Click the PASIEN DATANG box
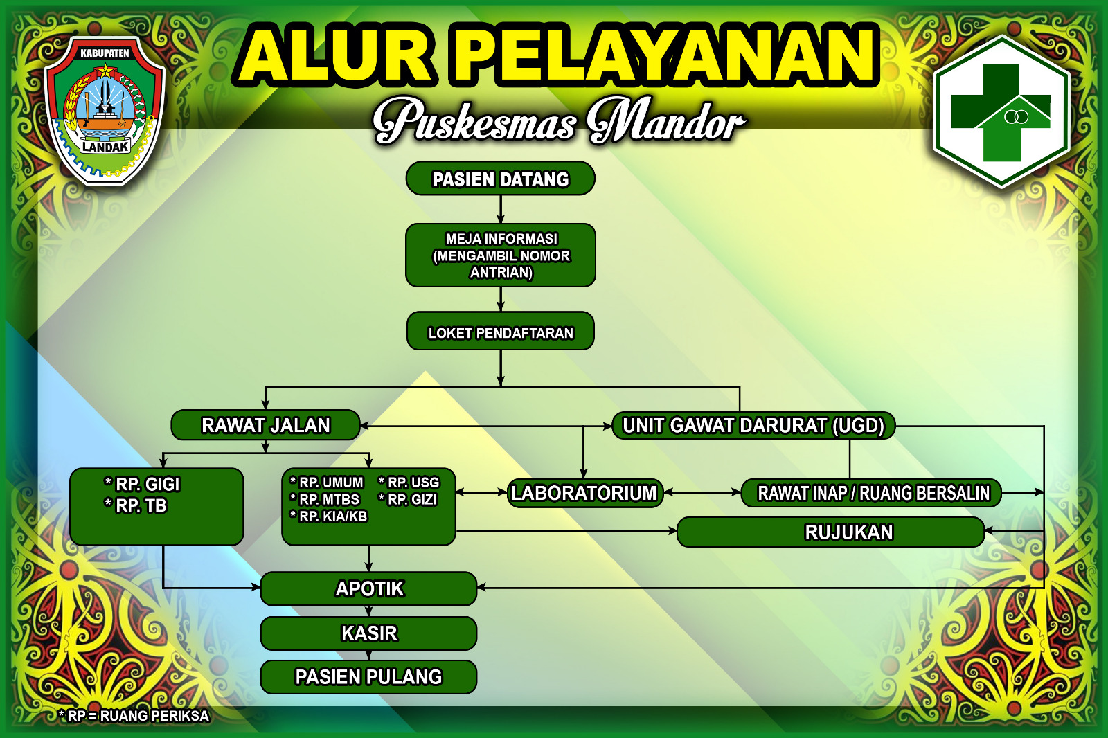click(x=500, y=178)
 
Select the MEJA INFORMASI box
click(x=500, y=255)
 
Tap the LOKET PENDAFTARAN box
click(x=500, y=331)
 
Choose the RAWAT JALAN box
click(x=265, y=425)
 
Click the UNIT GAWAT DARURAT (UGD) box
click(x=753, y=425)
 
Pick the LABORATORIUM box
click(x=585, y=493)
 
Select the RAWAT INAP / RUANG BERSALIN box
click(x=871, y=493)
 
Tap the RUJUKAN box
click(x=830, y=532)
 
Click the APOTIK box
click(x=368, y=588)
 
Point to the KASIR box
click(x=368, y=633)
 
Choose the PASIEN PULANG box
click(x=368, y=676)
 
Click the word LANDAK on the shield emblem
click(x=105, y=147)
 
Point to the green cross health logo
click(x=1001, y=111)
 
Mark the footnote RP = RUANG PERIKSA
click(x=134, y=716)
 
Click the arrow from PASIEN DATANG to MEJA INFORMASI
click(x=501, y=209)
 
